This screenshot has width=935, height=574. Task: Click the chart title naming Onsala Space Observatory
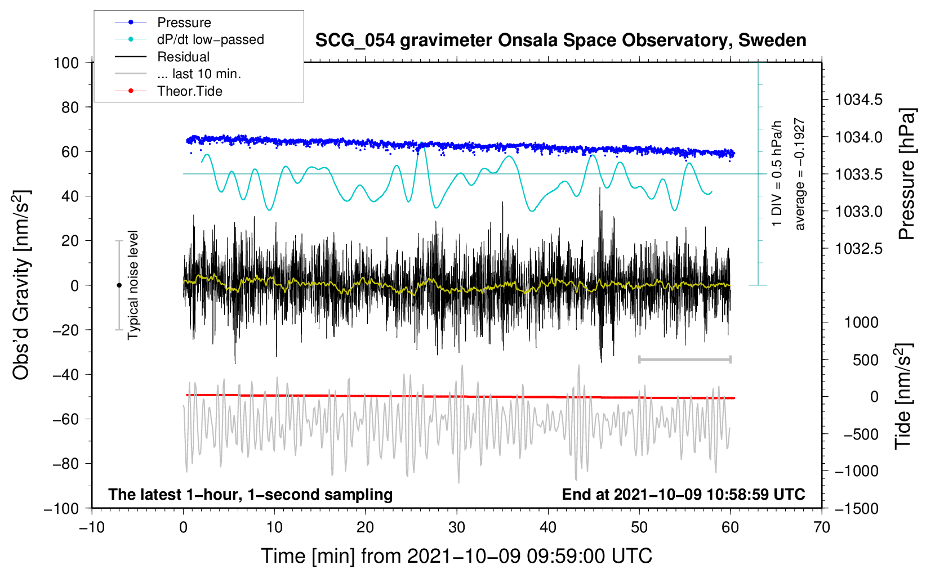[560, 41]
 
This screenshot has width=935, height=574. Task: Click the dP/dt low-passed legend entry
[210, 39]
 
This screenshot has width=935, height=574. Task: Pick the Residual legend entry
[183, 57]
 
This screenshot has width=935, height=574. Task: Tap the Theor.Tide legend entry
[190, 91]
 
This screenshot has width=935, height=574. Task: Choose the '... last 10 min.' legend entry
[199, 74]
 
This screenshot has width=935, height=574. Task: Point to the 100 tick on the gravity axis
[66, 62]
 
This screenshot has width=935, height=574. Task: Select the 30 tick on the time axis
[457, 527]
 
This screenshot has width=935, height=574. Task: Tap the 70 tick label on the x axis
[822, 527]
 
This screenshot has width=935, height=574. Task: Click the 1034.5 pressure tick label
[859, 100]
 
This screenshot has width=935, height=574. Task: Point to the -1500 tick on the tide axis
[857, 509]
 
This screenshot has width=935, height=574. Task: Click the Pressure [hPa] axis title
[907, 174]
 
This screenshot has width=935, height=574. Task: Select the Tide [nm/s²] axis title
[903, 397]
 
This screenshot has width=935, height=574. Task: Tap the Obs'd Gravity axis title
[21, 285]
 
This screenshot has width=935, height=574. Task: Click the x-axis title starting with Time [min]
[457, 556]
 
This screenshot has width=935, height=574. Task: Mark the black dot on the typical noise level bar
[119, 285]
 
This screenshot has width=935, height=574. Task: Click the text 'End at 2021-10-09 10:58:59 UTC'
[683, 495]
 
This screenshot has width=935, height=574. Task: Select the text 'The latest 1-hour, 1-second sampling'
[251, 495]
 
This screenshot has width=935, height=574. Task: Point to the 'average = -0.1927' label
[800, 174]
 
